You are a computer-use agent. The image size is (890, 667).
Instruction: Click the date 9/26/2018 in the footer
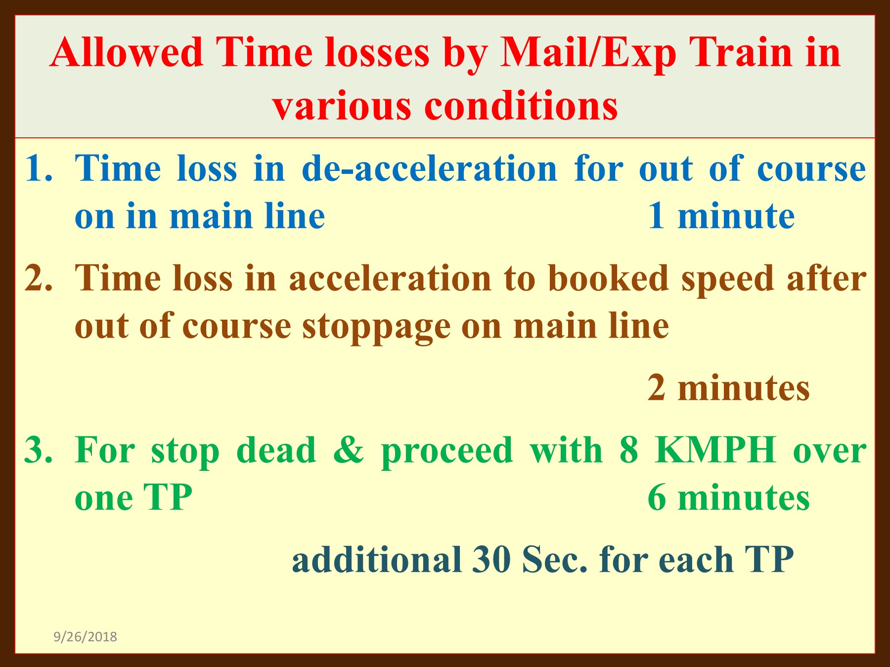point(85,636)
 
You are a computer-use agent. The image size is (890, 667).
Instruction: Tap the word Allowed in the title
point(127,52)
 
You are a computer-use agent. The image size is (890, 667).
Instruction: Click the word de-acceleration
point(430,168)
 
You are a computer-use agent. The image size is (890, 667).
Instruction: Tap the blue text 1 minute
point(721,216)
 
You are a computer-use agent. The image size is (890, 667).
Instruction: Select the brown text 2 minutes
point(729,388)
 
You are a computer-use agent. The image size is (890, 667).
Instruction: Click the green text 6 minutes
point(729,497)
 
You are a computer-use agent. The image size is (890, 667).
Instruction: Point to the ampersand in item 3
point(349,450)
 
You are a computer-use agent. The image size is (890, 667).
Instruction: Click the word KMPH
point(715,450)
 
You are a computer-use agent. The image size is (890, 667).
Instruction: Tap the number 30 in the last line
point(491,559)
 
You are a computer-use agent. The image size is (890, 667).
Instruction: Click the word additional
point(377,559)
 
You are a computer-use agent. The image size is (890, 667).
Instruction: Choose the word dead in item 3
point(276,450)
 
